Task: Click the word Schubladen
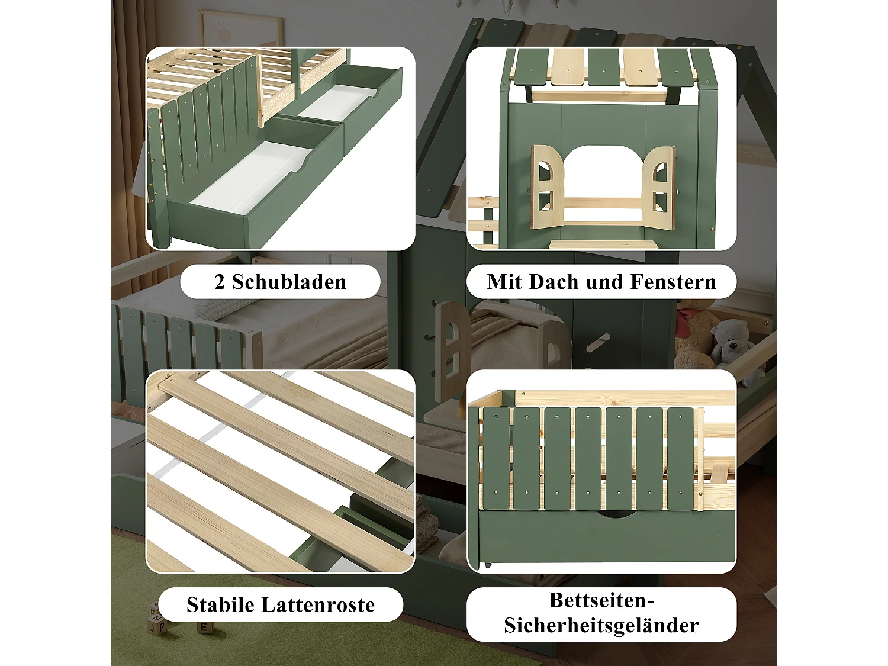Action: pos(289,282)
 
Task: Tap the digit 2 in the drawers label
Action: pos(220,282)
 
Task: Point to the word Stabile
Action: pos(221,605)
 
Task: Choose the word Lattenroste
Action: pos(318,605)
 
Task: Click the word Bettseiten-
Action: pos(601,600)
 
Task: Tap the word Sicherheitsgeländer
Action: pos(601,626)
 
